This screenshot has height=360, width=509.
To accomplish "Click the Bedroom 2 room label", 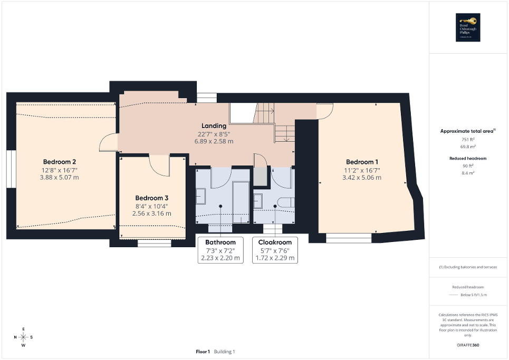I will pyautogui.click(x=60, y=161).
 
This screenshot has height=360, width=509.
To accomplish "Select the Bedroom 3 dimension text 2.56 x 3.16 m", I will pyautogui.click(x=151, y=213).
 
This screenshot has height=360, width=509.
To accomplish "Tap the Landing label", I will pyautogui.click(x=214, y=125).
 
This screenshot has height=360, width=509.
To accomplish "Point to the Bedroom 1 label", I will pyautogui.click(x=362, y=162).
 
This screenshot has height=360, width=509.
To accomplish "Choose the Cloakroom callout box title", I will pyautogui.click(x=274, y=242).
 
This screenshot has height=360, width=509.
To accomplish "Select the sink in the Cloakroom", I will pyautogui.click(x=258, y=201).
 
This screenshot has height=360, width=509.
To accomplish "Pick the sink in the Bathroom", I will pyautogui.click(x=201, y=197).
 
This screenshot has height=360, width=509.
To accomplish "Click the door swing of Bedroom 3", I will pyautogui.click(x=160, y=167).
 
